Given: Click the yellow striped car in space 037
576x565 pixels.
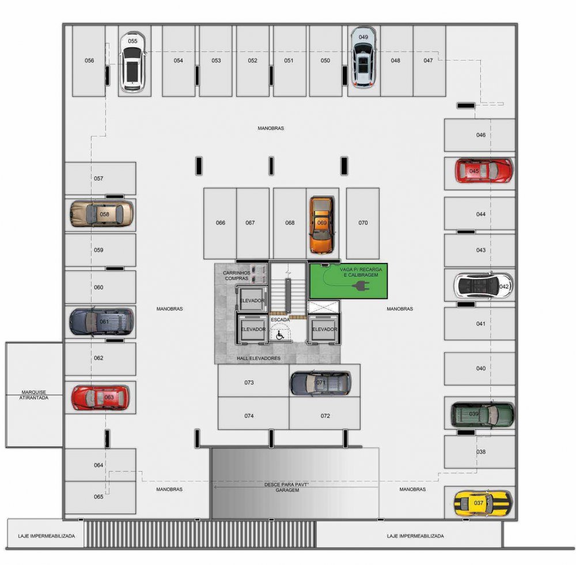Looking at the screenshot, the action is tap(482, 503).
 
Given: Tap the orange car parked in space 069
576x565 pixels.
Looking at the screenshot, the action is tap(321, 225).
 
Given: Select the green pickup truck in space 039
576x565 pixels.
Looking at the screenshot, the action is tap(482, 415).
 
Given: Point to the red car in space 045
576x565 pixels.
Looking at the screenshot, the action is tap(483, 171).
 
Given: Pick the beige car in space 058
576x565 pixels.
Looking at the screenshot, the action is tap(102, 213).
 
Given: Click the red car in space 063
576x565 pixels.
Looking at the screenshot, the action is tap(100, 397).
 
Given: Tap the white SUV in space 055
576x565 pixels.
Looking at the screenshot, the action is tap(132, 61).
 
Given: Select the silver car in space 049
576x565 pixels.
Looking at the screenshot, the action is tap(363, 57).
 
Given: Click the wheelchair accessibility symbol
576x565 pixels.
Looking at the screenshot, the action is tap(280, 335).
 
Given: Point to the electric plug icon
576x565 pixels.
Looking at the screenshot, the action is tap(361, 285).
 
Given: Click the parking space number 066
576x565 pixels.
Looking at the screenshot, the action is tap(221, 223).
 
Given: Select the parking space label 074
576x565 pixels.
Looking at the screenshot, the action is tap(249, 416).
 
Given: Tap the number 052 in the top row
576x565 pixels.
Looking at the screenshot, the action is tap(252, 61).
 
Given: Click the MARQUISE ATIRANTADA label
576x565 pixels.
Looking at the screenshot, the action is tap(34, 395).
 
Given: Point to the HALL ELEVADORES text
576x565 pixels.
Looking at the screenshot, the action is tap(259, 358).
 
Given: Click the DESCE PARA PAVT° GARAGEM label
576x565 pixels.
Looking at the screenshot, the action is tap(287, 487).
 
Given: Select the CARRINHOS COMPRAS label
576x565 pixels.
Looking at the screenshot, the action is tap(237, 276).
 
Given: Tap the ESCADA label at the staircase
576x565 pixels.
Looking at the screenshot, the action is tap(281, 320).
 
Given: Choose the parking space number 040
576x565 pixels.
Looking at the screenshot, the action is tap(481, 368).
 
